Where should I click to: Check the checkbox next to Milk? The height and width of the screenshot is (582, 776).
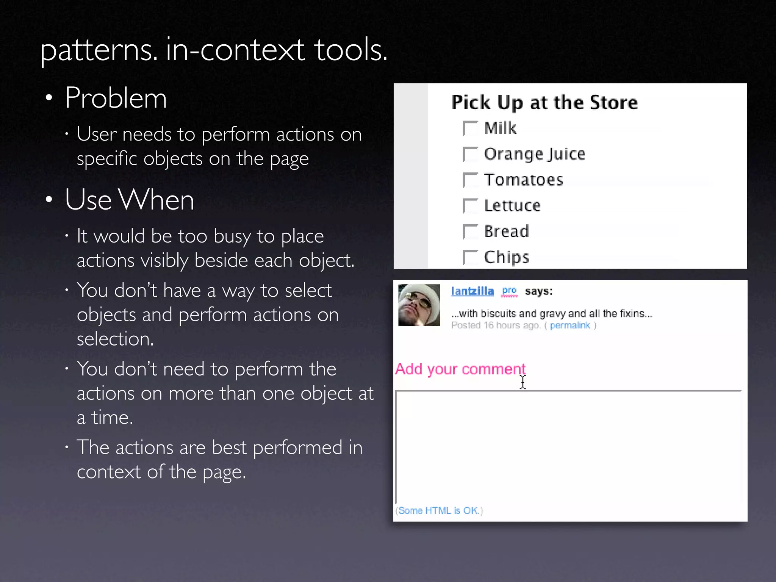coord(471,128)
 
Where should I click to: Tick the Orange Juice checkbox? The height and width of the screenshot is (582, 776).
coord(471,154)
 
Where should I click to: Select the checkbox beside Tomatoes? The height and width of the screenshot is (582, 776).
coord(471,180)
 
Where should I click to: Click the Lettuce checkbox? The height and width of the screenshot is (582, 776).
coord(471,206)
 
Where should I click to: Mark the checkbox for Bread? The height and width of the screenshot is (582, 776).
coord(471,232)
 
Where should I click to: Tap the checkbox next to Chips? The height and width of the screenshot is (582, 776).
coord(471,257)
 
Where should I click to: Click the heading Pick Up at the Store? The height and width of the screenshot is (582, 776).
coord(544,102)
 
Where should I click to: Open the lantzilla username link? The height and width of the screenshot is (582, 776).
coord(472,291)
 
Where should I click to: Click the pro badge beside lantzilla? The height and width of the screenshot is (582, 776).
coord(509,291)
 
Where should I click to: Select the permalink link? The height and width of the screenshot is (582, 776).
coord(570,325)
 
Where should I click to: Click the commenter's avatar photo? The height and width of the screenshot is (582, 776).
coord(419,305)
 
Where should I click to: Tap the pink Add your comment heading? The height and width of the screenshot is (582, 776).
coord(460,369)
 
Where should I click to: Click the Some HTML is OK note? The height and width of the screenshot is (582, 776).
coord(439,511)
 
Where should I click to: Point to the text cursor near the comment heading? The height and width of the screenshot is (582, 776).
coord(523,382)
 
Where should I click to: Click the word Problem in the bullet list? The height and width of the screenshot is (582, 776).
coord(116,98)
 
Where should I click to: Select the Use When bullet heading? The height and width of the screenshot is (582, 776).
coord(129,200)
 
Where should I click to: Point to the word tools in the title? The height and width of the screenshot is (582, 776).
coord(350,50)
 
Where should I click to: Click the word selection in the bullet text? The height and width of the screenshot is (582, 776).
coord(115,339)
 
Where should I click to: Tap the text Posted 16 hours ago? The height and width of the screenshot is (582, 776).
coord(495,325)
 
